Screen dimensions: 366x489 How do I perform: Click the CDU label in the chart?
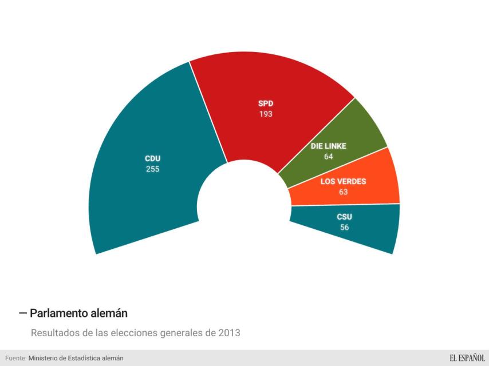point(152,158)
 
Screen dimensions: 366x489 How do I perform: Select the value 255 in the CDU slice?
point(152,169)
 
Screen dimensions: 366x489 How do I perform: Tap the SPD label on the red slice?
point(265,104)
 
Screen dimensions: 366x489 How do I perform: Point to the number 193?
point(265,114)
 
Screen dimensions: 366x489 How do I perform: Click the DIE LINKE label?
point(329,146)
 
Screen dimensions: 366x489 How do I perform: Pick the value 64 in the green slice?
point(329,156)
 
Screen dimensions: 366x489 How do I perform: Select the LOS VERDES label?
point(343,182)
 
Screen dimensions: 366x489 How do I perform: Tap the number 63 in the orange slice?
point(343,192)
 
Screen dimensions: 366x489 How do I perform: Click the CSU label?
point(344,217)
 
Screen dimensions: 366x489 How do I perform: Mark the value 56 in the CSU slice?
point(344,227)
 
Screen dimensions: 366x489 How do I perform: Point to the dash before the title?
point(23,313)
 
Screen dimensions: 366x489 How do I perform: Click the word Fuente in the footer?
point(15,358)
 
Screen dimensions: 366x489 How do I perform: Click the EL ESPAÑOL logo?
point(467,358)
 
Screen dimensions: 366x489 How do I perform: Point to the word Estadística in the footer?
point(85,358)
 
